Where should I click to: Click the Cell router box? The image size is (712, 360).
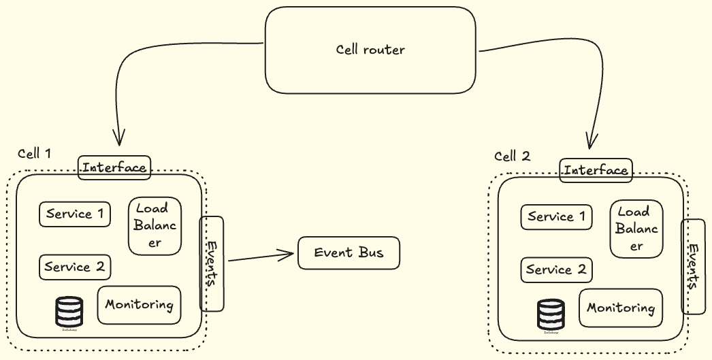pyautogui.click(x=370, y=50)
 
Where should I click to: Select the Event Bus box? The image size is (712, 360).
pyautogui.click(x=349, y=253)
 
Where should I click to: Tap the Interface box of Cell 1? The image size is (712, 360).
pyautogui.click(x=114, y=167)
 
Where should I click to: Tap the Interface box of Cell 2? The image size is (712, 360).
pyautogui.click(x=596, y=170)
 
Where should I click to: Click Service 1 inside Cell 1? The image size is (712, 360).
pyautogui.click(x=75, y=214)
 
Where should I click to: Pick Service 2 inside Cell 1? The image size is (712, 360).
pyautogui.click(x=75, y=267)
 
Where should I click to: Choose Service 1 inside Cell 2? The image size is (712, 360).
pyautogui.click(x=556, y=217)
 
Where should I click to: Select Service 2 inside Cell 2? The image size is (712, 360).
pyautogui.click(x=556, y=270)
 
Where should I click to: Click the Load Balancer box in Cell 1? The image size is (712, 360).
pyautogui.click(x=155, y=225)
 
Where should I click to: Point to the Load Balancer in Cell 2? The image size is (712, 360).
pyautogui.click(x=636, y=229)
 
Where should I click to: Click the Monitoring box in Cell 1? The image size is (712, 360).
pyautogui.click(x=140, y=305)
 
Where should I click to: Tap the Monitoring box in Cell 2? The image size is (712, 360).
pyautogui.click(x=621, y=308)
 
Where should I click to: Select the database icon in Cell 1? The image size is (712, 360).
pyautogui.click(x=69, y=312)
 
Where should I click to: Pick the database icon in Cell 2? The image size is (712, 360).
pyautogui.click(x=551, y=314)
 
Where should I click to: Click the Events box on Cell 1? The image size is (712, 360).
pyautogui.click(x=212, y=263)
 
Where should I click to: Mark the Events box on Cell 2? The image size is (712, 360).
pyautogui.click(x=694, y=267)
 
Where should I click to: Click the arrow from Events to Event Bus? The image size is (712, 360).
pyautogui.click(x=262, y=257)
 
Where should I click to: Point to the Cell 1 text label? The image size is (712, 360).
pyautogui.click(x=34, y=153)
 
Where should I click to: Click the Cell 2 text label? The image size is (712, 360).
pyautogui.click(x=512, y=156)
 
